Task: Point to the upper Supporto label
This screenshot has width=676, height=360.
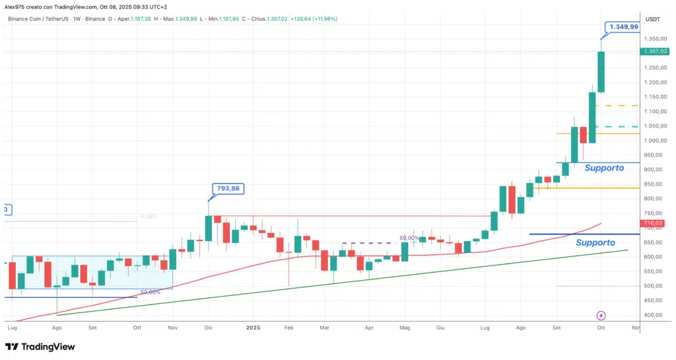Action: coord(603,168)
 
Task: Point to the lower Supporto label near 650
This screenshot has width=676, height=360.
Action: coord(595,243)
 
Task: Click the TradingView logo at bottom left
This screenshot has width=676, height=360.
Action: coord(40,347)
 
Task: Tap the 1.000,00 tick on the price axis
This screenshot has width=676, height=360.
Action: coord(654,141)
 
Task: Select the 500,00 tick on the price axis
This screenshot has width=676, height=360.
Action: coord(654,286)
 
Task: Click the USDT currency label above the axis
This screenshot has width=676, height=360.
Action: coord(653,19)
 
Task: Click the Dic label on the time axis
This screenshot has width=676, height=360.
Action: coord(209,327)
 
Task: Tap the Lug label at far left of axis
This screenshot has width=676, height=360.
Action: coord(12,327)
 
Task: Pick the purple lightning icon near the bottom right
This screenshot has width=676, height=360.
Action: coord(601,316)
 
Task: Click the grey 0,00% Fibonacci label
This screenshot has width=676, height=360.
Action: coord(150,217)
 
